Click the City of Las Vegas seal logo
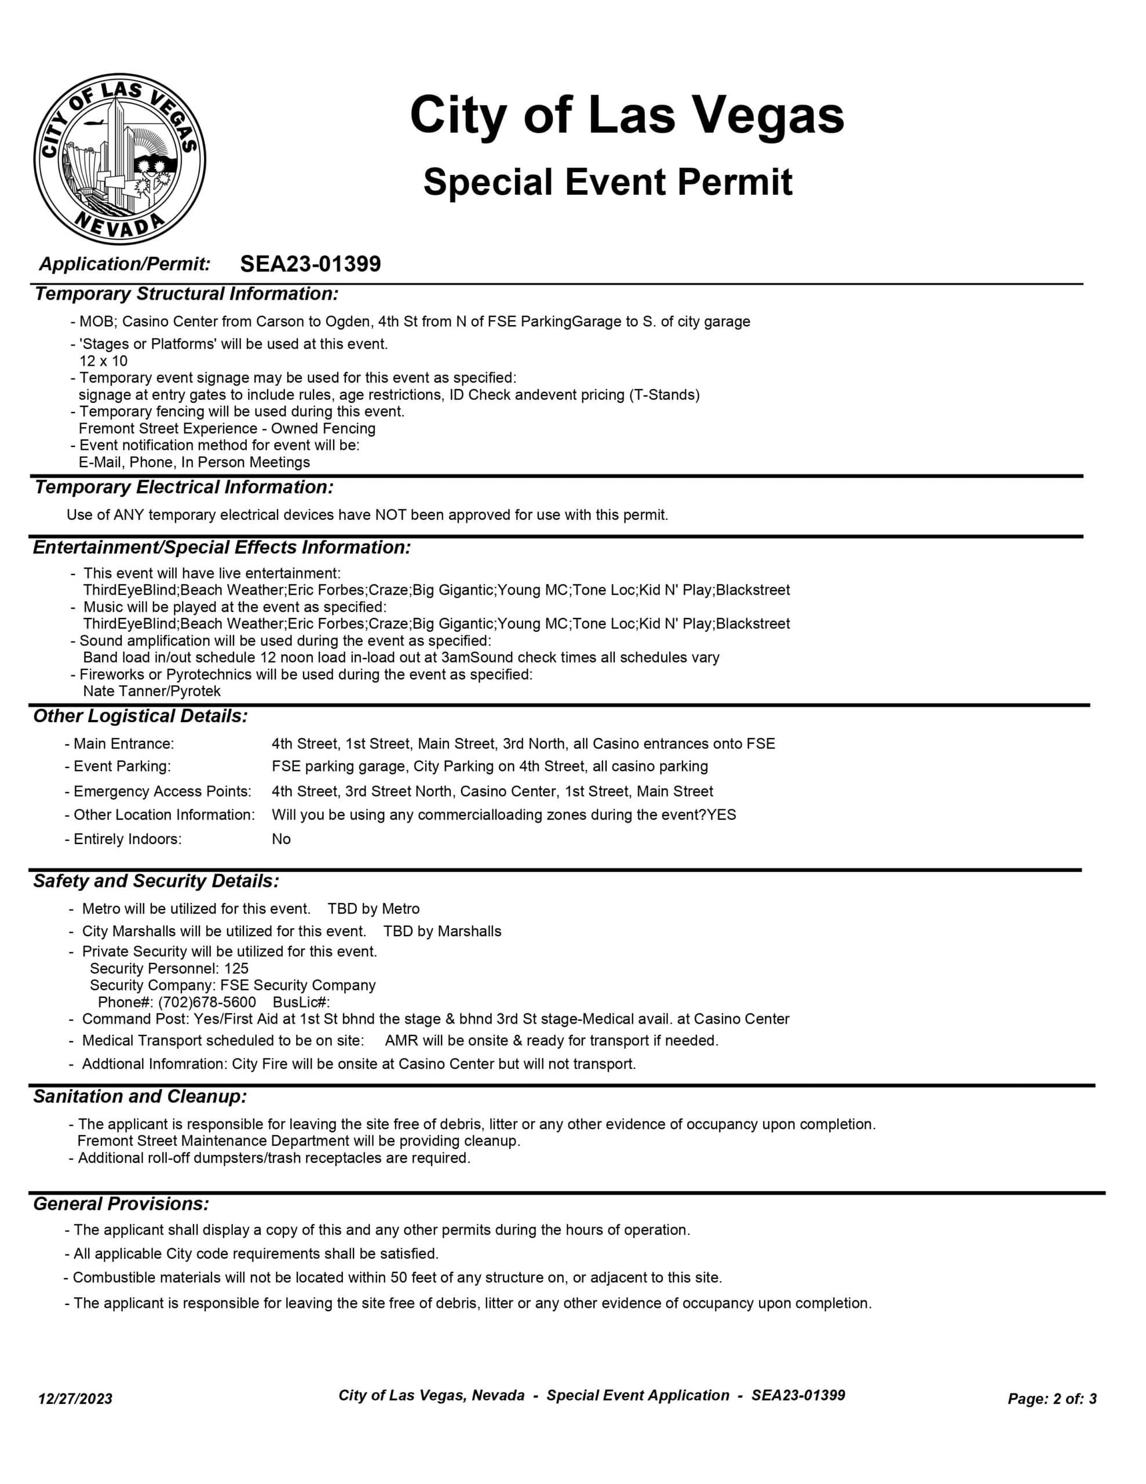click(119, 159)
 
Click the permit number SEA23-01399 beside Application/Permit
click(311, 264)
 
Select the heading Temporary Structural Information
click(186, 294)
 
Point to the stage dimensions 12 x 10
click(103, 361)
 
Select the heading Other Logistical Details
click(141, 716)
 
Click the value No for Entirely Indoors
click(281, 839)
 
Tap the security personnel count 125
click(236, 968)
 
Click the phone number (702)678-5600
click(207, 1002)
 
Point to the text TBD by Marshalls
click(442, 931)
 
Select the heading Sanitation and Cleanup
click(140, 1097)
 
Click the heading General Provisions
click(122, 1204)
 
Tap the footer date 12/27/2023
click(75, 1398)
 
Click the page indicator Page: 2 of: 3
click(1052, 1398)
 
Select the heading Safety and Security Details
click(156, 881)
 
